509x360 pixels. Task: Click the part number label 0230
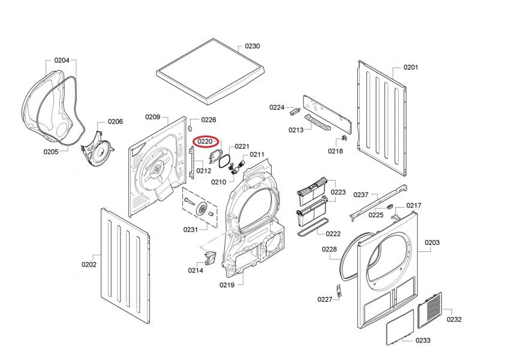pos(252,46)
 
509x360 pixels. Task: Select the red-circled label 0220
pos(206,142)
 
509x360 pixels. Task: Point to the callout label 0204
pos(62,60)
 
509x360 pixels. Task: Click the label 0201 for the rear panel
pos(410,67)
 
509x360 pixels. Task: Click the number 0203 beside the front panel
pos(432,242)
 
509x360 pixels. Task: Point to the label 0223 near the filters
pos(339,192)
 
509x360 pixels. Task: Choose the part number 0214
pos(195,270)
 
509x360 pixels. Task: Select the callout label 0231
pos(191,230)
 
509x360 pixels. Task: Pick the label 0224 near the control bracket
pos(276,107)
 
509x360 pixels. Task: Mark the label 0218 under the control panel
pos(335,151)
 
